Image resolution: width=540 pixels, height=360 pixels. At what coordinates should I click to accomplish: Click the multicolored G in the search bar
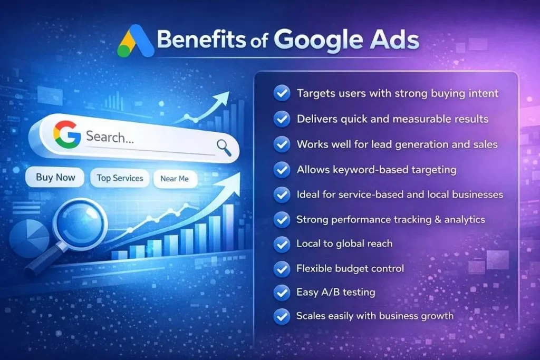67,135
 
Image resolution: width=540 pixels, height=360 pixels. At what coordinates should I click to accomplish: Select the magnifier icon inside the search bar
224,147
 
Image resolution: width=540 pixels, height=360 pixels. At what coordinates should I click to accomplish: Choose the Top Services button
120,178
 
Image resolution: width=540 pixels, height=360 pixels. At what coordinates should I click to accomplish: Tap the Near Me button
174,179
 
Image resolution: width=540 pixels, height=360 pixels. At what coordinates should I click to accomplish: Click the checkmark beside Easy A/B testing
282,292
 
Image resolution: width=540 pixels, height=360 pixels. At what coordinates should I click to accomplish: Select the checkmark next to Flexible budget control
282,269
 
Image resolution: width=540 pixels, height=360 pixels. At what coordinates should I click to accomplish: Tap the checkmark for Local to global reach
282,244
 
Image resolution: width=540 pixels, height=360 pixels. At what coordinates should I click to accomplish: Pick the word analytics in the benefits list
462,219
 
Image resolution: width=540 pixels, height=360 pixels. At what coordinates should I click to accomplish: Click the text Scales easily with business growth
375,316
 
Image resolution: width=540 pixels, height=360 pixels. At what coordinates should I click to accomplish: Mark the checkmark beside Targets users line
282,94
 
